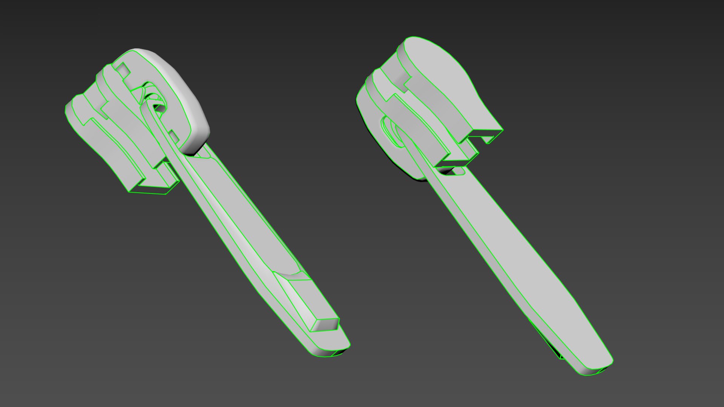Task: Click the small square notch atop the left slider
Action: pyautogui.click(x=122, y=69)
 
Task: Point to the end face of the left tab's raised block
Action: pyautogui.click(x=327, y=324)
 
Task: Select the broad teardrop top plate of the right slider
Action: pyautogui.click(x=441, y=72)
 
